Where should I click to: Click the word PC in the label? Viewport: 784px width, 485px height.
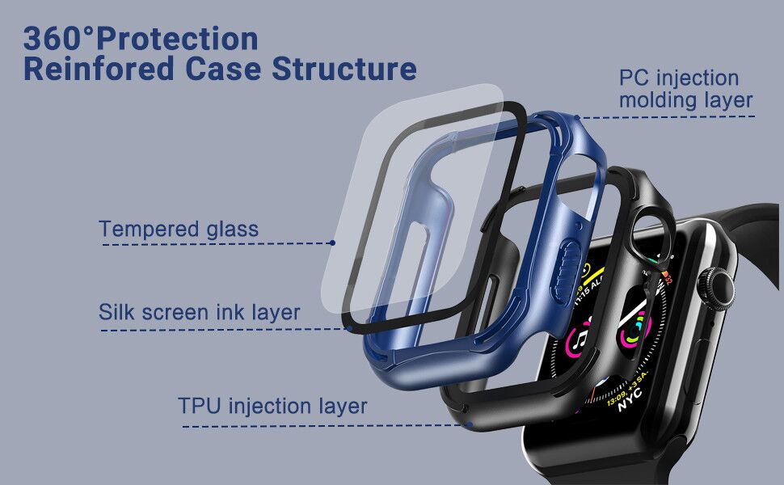tap(634, 78)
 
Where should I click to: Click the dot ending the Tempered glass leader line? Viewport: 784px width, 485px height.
tap(332, 242)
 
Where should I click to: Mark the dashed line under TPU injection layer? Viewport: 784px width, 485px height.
tap(323, 425)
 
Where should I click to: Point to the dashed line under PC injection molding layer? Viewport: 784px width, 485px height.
tap(671, 116)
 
